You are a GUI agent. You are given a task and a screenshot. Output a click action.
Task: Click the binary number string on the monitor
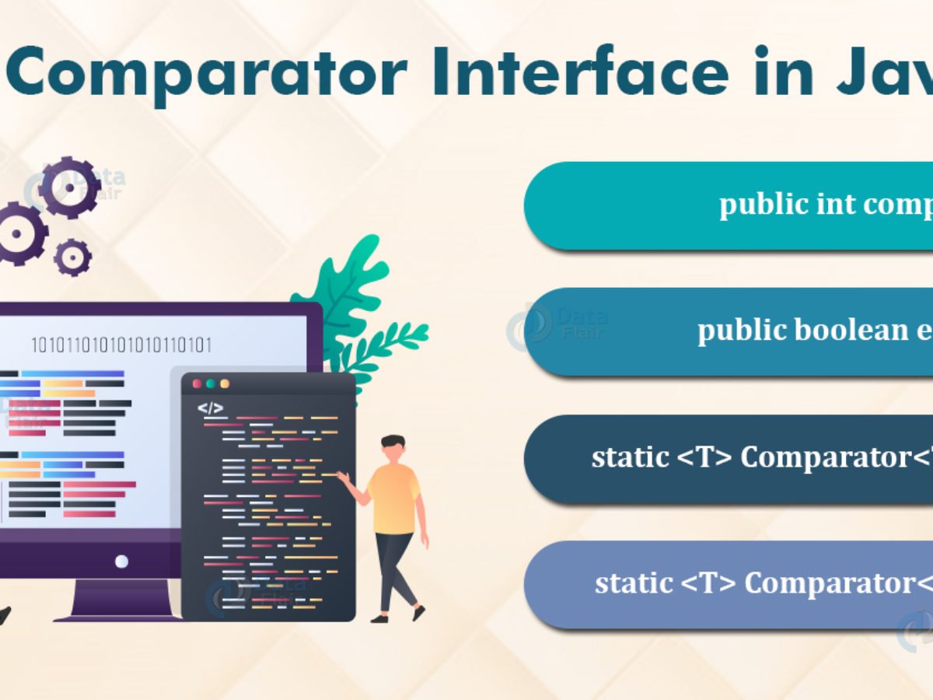121,345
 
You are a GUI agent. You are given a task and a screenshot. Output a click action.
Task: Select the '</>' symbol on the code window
210,408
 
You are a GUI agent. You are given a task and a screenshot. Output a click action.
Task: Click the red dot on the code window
197,383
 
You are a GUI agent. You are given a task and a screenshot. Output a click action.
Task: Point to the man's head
393,449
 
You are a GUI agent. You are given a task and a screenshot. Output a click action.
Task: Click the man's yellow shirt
393,499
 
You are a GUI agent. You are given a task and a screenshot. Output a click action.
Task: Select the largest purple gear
70,187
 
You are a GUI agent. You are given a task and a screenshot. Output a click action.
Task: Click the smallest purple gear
72,257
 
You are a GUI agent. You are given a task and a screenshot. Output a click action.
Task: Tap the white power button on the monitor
121,560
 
